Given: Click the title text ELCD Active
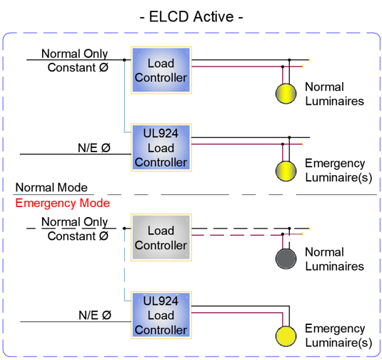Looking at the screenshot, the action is [x=191, y=17].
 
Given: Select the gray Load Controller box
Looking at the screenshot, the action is [x=161, y=238].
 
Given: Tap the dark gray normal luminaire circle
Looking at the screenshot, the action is [x=286, y=259].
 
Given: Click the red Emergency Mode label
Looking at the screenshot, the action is [x=63, y=203].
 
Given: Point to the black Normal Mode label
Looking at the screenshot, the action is [x=51, y=187].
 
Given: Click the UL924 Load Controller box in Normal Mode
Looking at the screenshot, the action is [x=161, y=148].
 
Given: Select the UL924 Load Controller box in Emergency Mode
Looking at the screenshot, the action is [x=161, y=315].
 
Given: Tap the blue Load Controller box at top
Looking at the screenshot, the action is [x=161, y=70].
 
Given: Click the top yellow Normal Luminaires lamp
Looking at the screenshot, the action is [x=286, y=94].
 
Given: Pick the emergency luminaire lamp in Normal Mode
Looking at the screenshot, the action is [x=286, y=171].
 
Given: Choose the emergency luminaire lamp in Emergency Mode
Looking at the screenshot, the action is [x=286, y=336].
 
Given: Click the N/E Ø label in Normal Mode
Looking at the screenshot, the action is [x=94, y=148].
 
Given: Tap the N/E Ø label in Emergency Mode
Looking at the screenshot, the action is [x=95, y=315].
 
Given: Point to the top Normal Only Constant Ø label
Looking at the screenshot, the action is [x=75, y=61].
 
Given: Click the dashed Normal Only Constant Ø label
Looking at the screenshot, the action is [x=75, y=229].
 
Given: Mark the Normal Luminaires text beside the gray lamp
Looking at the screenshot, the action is [x=334, y=259].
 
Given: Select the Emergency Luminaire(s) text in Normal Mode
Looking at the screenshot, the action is [x=338, y=170].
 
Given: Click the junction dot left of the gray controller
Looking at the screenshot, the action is [x=124, y=229].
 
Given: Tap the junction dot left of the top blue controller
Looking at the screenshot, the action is [x=124, y=60].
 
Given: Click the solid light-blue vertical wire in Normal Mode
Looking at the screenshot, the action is [x=124, y=96].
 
